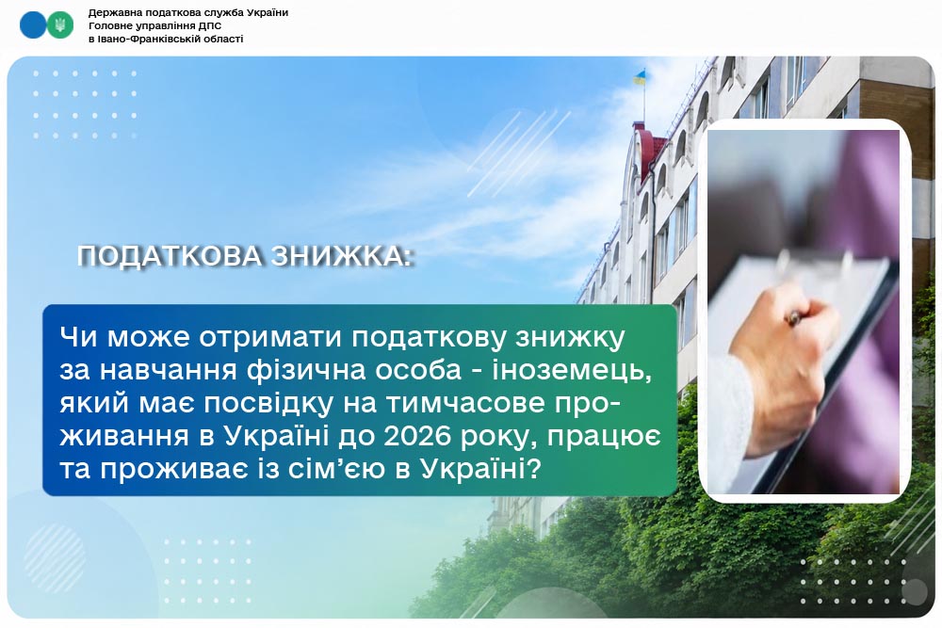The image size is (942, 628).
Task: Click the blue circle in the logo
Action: [x=32, y=25]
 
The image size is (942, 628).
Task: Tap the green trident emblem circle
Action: [x=59, y=25]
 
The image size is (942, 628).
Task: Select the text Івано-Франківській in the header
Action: [x=143, y=39]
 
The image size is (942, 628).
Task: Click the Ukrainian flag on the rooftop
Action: [x=640, y=77]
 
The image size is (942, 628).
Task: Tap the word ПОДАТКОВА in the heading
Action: [x=170, y=256]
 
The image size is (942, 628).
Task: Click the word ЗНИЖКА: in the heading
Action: [x=342, y=256]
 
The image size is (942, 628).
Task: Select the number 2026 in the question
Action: [x=417, y=437]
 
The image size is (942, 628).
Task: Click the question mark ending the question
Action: [x=534, y=469]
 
